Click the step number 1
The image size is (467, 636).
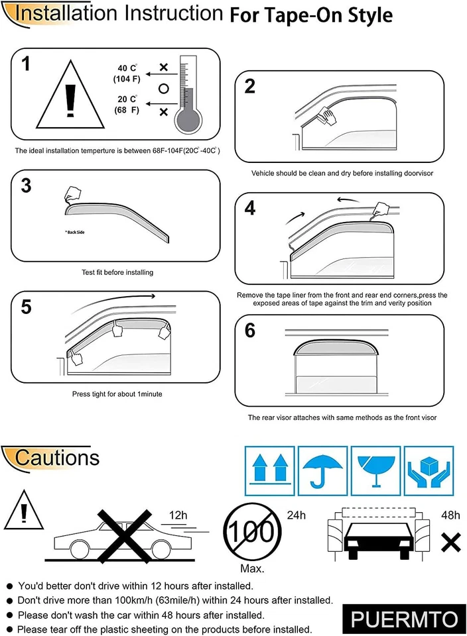point(26,64)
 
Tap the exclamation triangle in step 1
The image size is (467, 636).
point(71,99)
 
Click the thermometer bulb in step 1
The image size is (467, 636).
point(189,120)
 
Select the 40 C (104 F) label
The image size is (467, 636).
point(127,74)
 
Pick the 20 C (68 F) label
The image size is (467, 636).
point(127,104)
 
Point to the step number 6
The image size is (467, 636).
point(250,331)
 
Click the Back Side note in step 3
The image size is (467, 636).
point(74,233)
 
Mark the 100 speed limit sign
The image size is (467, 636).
point(250,533)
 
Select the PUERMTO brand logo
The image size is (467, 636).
point(404,619)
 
